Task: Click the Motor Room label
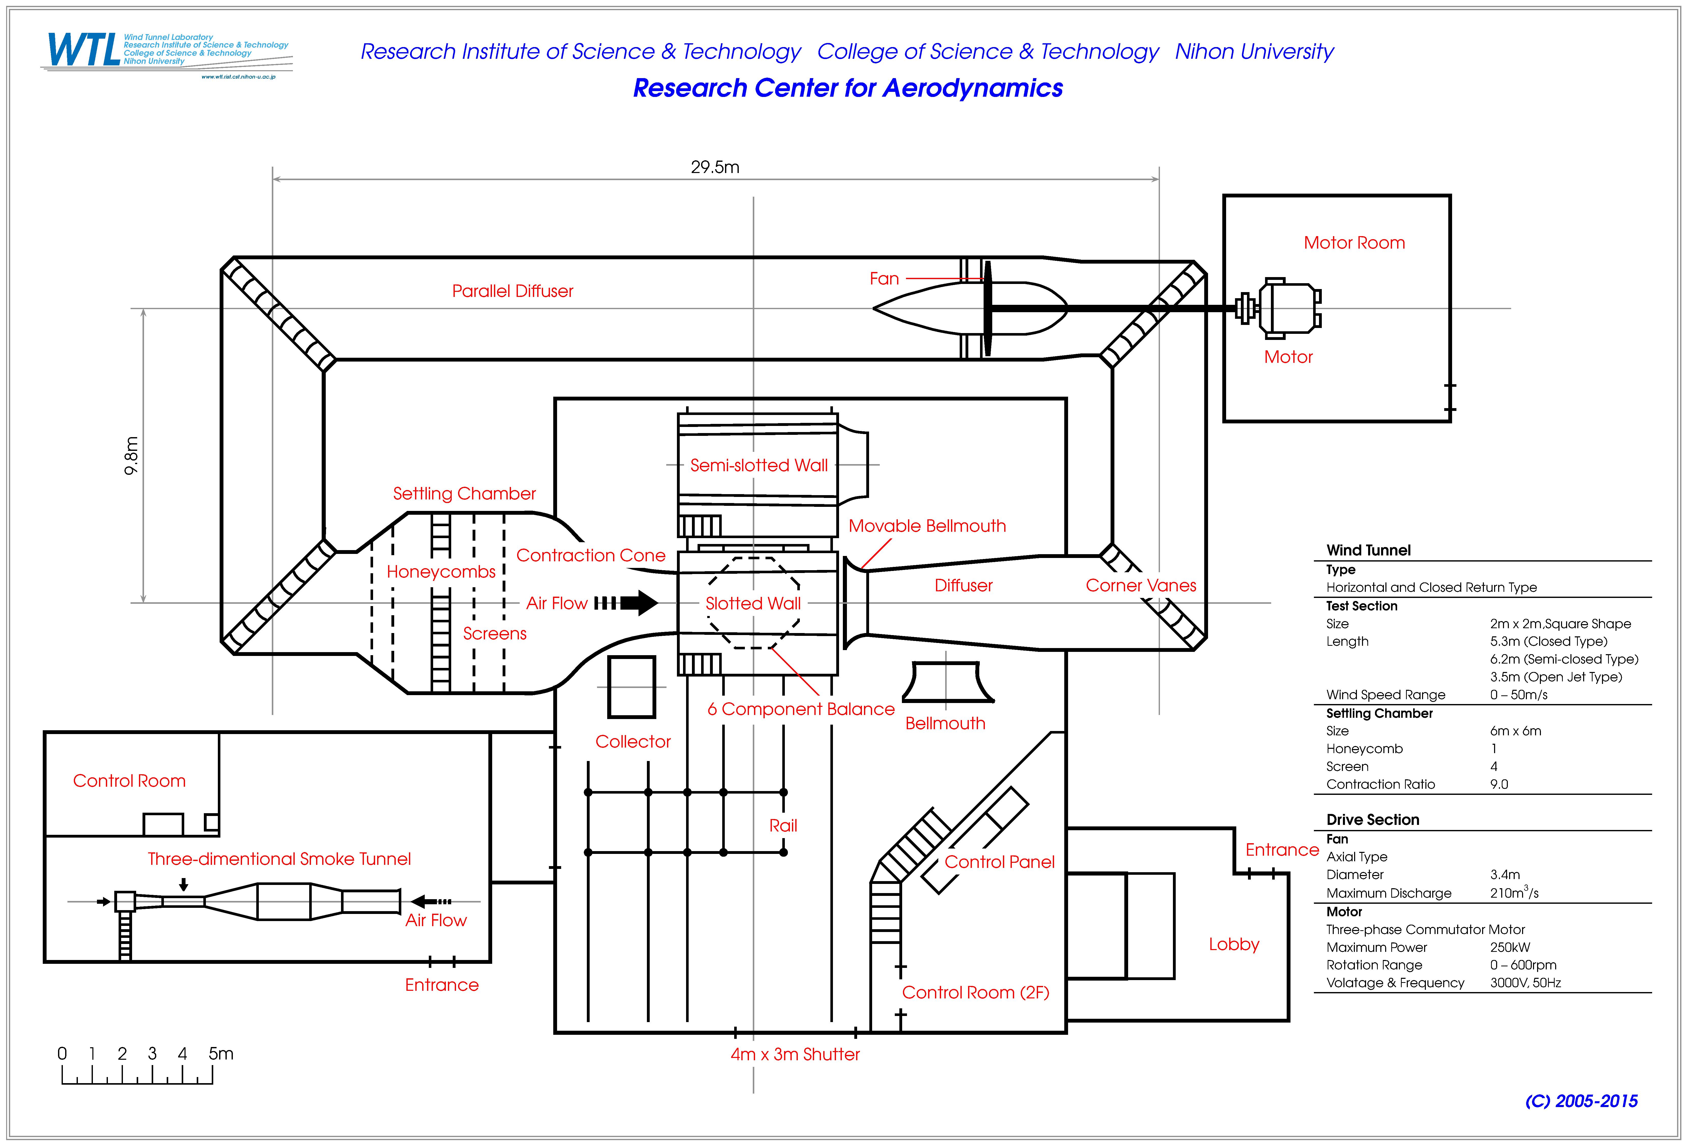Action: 1354,243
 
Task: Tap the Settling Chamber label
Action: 464,494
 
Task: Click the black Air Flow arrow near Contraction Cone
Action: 626,603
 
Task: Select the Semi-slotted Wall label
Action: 759,466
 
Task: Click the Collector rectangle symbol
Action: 631,687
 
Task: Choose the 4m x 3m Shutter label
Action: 795,1055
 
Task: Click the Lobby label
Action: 1234,944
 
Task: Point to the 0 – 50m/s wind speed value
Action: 1519,695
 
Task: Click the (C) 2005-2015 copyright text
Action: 1581,1101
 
